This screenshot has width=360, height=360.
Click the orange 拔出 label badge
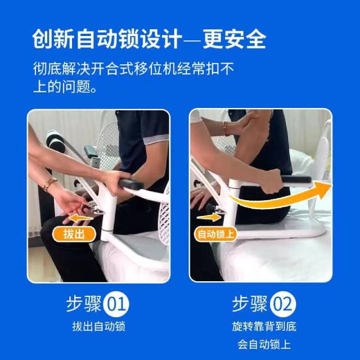click(74, 234)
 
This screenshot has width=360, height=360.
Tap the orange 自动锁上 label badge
click(215, 234)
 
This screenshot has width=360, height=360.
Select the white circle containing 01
click(116, 304)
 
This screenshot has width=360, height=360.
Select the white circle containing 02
click(282, 304)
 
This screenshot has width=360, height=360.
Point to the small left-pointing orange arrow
click(81, 218)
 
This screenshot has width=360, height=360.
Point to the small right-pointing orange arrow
click(209, 217)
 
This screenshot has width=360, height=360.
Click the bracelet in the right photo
click(226, 129)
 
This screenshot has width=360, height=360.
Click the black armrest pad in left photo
click(131, 184)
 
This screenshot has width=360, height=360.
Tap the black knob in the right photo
click(211, 208)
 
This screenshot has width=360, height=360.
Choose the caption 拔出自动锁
click(99, 326)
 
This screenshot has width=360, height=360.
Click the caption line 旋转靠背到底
click(264, 326)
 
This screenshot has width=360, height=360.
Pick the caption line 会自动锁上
click(264, 344)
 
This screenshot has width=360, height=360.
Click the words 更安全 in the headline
click(234, 39)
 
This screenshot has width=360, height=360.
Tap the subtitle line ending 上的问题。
click(65, 87)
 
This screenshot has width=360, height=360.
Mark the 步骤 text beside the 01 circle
click(84, 304)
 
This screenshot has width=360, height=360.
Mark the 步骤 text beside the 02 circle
click(250, 304)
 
